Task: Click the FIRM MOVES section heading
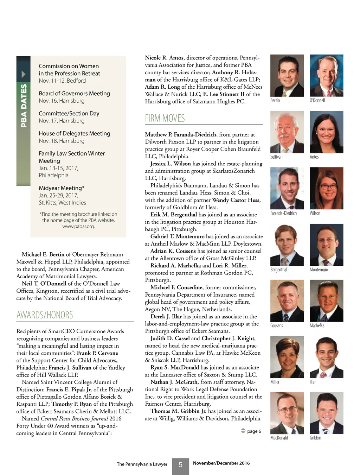(165, 118)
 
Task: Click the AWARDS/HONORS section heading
(45, 315)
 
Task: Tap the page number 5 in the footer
(180, 465)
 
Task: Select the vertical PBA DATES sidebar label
(24, 106)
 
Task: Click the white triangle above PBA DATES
(24, 74)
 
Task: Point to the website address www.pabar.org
(78, 226)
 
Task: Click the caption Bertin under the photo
(275, 101)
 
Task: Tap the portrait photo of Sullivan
(287, 132)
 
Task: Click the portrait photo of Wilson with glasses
(326, 188)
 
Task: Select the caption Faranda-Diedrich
(283, 213)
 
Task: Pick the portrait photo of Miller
(287, 357)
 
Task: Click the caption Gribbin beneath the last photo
(315, 438)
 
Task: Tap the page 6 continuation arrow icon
(243, 431)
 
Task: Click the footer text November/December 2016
(221, 463)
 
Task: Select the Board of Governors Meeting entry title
(74, 94)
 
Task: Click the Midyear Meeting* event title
(62, 188)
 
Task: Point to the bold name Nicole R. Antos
(164, 58)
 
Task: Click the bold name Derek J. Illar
(166, 316)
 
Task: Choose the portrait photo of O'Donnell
(326, 76)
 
